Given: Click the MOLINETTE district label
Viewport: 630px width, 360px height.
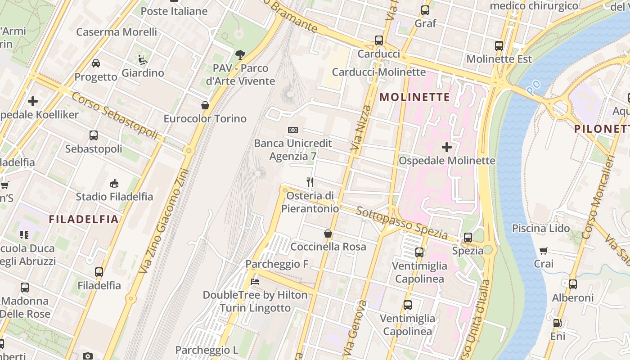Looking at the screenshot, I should point(415,97).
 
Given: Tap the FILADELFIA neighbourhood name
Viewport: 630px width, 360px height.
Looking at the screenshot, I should point(84,220).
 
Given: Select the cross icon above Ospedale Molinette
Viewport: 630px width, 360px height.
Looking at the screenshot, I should point(447,147).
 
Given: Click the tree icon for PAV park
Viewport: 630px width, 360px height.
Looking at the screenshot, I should point(240,55).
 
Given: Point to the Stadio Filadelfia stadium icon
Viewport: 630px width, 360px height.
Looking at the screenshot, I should point(114,183).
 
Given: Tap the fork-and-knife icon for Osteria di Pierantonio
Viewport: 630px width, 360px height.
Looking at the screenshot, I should point(310,182).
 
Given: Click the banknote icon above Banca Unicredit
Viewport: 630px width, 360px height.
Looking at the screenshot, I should point(293,130).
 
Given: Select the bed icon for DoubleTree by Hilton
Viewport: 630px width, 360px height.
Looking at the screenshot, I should point(255,282).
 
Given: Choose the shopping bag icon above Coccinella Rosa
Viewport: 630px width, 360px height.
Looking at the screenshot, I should point(328,234).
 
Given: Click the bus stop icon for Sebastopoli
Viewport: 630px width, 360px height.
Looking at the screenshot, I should point(94,135).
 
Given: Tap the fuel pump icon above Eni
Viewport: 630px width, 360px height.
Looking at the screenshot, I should point(557,323).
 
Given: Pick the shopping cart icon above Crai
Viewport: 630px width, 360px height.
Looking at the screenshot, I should point(544,251).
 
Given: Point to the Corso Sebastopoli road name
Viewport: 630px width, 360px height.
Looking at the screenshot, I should point(115,115).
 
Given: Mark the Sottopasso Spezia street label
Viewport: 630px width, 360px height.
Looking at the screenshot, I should point(402,223).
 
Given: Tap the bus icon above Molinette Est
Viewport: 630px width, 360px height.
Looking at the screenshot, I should point(499,45).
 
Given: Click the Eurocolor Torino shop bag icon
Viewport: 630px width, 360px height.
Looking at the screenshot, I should point(205,105).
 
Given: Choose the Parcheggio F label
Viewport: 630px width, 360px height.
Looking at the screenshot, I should point(277,264).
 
